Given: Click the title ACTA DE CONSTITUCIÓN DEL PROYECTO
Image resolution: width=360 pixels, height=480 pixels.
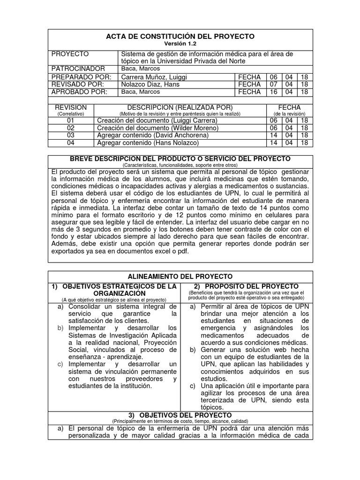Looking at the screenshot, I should [x=180, y=36].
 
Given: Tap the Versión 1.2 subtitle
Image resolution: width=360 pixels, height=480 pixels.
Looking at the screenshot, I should [x=180, y=44].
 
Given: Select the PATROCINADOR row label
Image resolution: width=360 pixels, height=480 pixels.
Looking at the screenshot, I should [x=78, y=69].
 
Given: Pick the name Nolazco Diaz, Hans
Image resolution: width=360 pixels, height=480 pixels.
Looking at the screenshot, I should [x=150, y=84].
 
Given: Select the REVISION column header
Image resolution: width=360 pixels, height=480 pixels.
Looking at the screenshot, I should [x=70, y=107].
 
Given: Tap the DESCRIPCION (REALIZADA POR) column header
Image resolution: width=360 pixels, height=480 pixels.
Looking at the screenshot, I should [x=180, y=107].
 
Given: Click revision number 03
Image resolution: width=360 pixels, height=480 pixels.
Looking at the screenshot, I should [x=71, y=135].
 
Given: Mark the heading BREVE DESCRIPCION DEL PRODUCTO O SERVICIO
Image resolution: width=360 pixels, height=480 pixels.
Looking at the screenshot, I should [x=180, y=159].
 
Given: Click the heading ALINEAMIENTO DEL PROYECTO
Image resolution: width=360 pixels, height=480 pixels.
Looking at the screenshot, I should [x=180, y=277].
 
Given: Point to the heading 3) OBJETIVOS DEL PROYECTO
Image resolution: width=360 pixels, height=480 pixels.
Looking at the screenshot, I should [x=180, y=415].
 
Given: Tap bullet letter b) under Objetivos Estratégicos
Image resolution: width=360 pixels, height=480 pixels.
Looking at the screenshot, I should [x=60, y=328].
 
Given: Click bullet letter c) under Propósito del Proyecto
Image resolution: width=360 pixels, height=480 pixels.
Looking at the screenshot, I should [x=193, y=386].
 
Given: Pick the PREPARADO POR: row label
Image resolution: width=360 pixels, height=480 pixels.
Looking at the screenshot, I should [x=81, y=77].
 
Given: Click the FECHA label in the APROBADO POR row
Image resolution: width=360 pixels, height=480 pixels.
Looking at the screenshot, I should [x=249, y=92].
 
